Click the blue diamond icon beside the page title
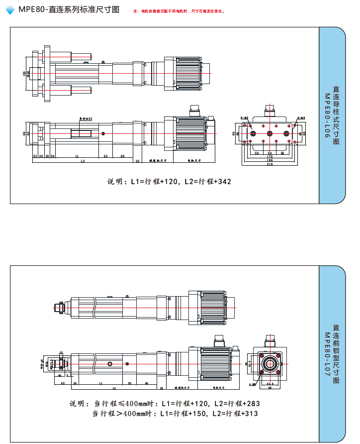9,10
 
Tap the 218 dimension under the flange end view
270,164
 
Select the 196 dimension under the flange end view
270,160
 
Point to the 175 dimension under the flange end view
270,157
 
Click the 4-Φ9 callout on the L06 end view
301,118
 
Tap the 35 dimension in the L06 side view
137,161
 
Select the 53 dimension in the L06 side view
106,156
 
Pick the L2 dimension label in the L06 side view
83,161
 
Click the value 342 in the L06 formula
224,182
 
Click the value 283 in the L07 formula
253,404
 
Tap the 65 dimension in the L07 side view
63,384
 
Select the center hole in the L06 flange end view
270,133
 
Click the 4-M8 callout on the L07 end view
254,384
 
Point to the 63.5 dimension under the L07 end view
270,384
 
